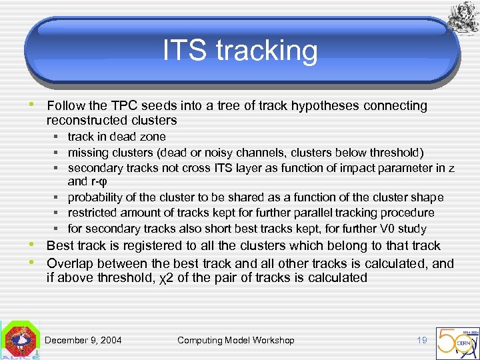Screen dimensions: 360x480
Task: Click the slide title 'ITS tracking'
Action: tap(240, 51)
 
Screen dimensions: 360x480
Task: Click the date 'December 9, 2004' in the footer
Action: tap(83, 340)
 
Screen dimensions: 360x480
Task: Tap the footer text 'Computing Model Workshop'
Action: tap(235, 340)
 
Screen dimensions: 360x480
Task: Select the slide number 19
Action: tap(421, 340)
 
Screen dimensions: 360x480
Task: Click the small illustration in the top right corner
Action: tap(461, 16)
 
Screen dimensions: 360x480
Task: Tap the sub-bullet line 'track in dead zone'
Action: tap(117, 137)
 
